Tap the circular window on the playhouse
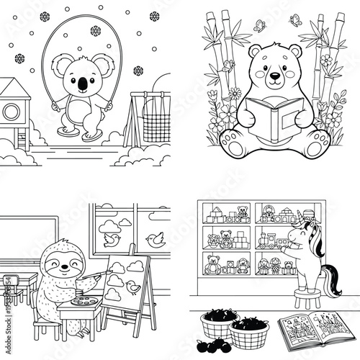coord(12,111)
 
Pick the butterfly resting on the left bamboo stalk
coord(229,65)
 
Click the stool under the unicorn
coord(307,305)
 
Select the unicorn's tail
coord(334,281)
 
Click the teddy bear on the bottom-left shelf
coord(212,264)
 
